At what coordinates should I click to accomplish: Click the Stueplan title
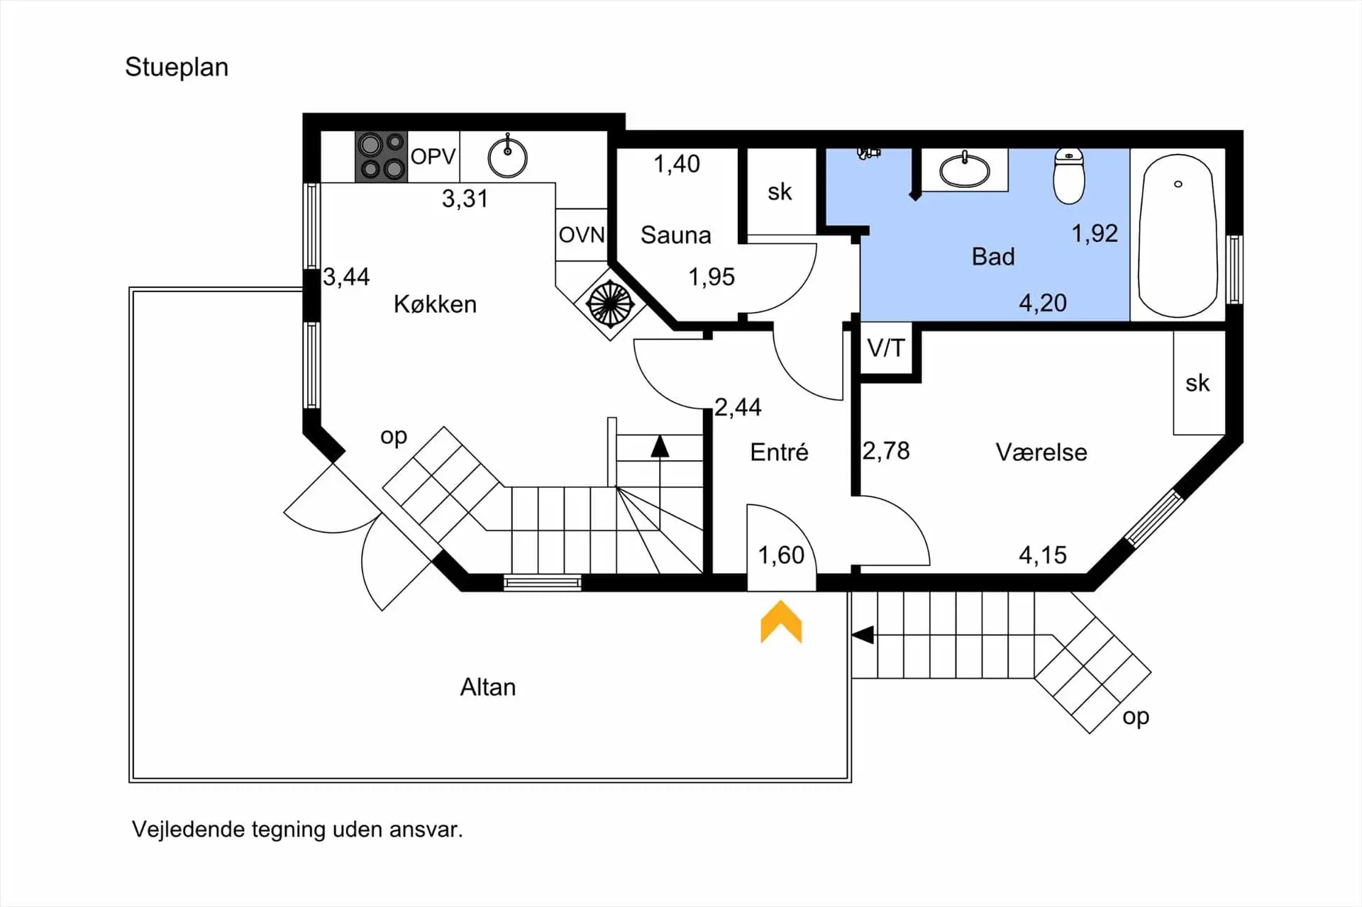[177, 67]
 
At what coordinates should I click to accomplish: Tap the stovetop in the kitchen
[381, 156]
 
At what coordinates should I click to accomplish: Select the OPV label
[433, 156]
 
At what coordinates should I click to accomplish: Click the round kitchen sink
[507, 157]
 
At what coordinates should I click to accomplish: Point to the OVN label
[582, 235]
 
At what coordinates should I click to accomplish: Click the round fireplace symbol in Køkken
[609, 304]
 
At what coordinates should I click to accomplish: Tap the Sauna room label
[675, 235]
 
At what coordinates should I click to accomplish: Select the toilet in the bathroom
[1069, 175]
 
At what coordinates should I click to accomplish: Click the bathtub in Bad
[1178, 235]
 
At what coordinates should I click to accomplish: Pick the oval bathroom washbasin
[965, 170]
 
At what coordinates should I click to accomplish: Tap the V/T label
[886, 348]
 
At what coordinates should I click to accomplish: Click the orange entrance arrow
[781, 622]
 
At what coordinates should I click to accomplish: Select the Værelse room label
[1041, 452]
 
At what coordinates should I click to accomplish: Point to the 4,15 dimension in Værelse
[1042, 555]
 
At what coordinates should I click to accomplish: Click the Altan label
[488, 687]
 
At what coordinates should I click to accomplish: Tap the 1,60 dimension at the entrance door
[781, 555]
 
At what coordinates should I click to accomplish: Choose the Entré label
[779, 452]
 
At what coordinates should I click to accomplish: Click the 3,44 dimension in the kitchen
[346, 277]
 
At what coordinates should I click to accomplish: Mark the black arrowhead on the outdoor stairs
[863, 635]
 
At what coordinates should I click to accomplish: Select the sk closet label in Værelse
[1197, 384]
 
